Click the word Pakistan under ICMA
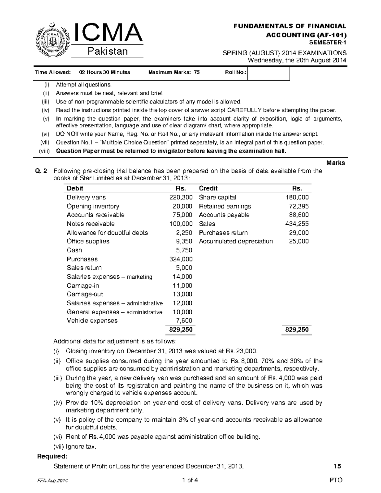pyautogui.click(x=107, y=51)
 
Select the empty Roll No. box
pyautogui.click(x=269, y=73)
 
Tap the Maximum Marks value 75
pyautogui.click(x=197, y=72)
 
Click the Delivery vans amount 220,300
pyautogui.click(x=181, y=197)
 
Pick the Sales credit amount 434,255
pyautogui.click(x=298, y=224)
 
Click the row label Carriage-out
pyautogui.click(x=85, y=294)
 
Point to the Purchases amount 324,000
pyautogui.click(x=181, y=259)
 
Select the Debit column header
pyautogui.click(x=75, y=188)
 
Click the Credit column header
pyautogui.click(x=208, y=188)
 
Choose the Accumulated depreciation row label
pyautogui.click(x=236, y=241)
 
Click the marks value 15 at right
pyautogui.click(x=337, y=466)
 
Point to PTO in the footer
pyautogui.click(x=336, y=480)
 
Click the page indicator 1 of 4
pyautogui.click(x=190, y=480)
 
